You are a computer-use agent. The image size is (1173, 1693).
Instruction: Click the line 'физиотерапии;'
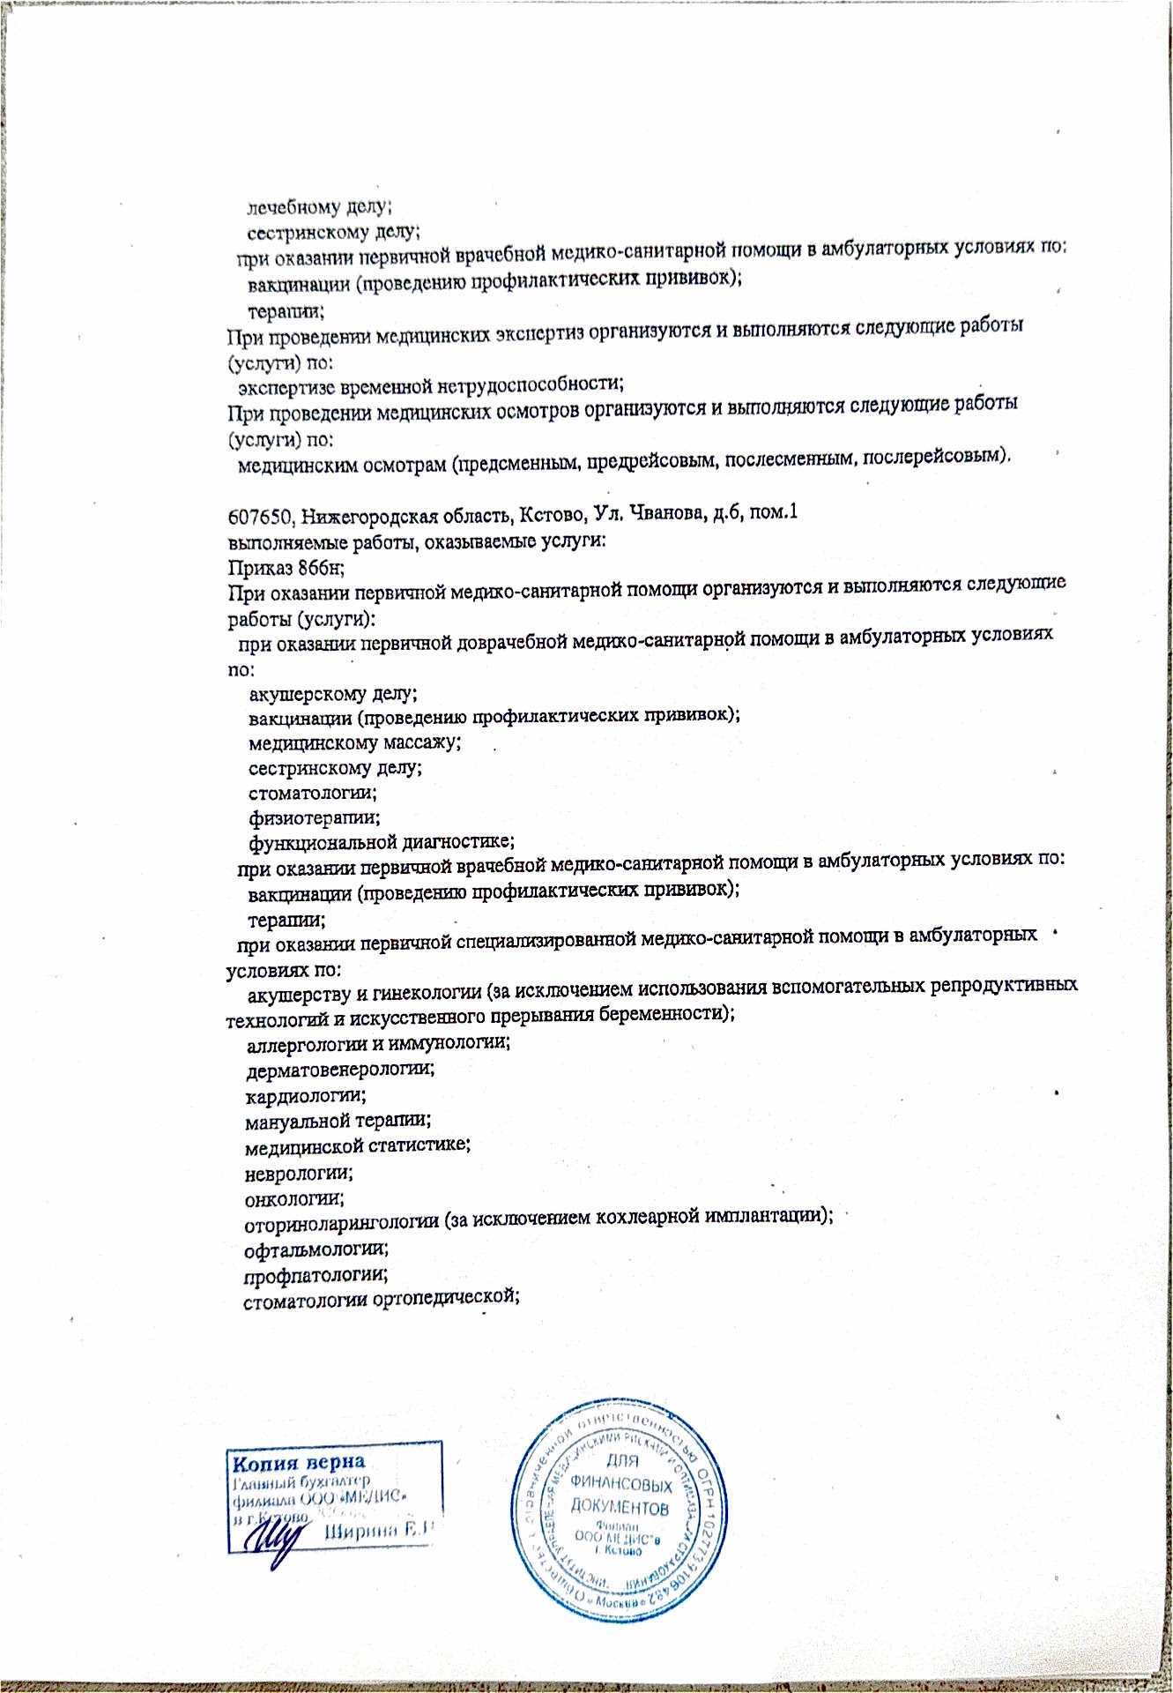click(x=314, y=818)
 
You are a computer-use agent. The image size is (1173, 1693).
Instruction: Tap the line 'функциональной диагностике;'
click(x=381, y=842)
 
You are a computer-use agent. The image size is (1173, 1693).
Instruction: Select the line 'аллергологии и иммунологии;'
click(x=378, y=1042)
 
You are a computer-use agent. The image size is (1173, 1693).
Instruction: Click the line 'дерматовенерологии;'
click(x=340, y=1070)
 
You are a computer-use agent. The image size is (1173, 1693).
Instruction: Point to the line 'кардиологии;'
click(x=306, y=1096)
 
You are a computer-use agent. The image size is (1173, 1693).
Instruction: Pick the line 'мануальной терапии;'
click(x=338, y=1121)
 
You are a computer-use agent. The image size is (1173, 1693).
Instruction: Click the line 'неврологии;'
click(x=299, y=1174)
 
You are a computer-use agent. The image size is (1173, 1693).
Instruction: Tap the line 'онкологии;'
click(x=294, y=1199)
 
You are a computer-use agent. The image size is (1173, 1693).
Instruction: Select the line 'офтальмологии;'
click(x=316, y=1249)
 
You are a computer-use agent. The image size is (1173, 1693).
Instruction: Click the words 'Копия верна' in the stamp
click(x=298, y=1464)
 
